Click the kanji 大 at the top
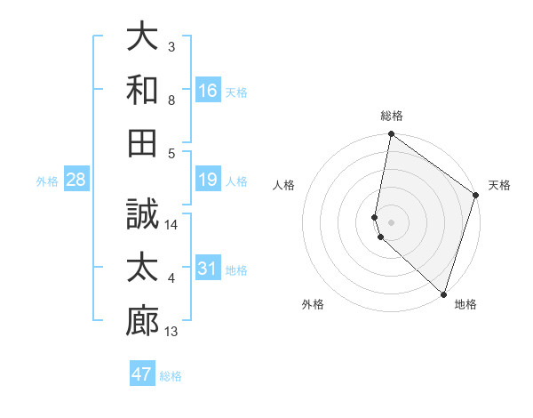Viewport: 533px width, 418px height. pos(143,36)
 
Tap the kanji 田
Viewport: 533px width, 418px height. pos(143,141)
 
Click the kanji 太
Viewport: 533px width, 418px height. pos(143,268)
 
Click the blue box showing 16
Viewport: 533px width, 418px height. pos(208,90)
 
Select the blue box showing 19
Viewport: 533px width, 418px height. pos(208,181)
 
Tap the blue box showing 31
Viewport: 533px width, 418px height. pos(208,269)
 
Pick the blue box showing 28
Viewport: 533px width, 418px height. pos(76,181)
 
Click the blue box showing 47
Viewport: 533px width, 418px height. pos(142,374)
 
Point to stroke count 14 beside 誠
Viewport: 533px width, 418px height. pos(172,225)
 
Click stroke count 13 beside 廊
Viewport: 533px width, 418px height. pos(172,332)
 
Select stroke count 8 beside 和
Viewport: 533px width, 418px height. pos(172,100)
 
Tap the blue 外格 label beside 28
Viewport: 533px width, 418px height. pos(47,181)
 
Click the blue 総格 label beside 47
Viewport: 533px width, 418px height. pos(171,375)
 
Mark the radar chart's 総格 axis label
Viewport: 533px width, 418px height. pos(392,116)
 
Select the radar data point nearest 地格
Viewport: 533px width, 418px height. pos(443,294)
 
